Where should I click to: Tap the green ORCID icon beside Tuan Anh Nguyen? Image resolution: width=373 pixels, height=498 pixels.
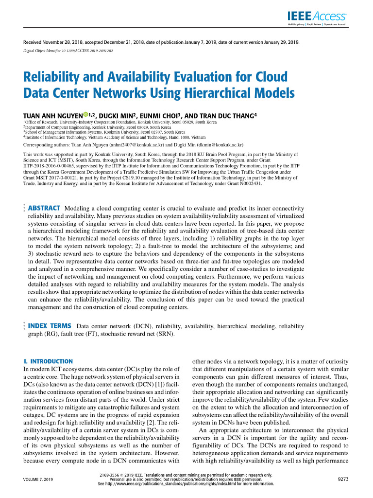85,115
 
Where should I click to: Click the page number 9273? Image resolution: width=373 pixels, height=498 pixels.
343,480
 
